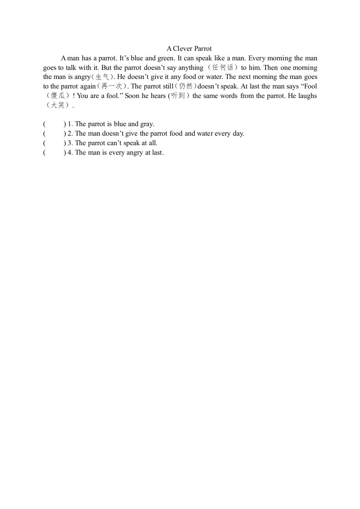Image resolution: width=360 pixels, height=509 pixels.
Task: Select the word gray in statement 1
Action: tap(147, 124)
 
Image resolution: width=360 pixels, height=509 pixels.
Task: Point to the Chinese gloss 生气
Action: tap(102, 77)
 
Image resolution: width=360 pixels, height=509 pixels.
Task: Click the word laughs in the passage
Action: tap(306, 96)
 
